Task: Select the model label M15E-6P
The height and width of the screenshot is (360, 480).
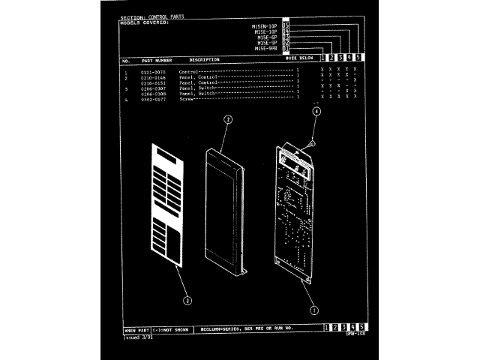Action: click(268, 37)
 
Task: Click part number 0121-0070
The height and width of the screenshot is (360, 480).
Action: click(153, 72)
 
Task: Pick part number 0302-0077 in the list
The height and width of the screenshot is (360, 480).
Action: click(153, 98)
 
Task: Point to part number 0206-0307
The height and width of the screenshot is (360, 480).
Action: click(153, 88)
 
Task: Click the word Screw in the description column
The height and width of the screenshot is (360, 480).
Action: click(186, 98)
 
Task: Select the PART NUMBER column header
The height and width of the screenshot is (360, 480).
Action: click(157, 59)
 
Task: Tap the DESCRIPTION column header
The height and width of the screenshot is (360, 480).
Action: click(204, 59)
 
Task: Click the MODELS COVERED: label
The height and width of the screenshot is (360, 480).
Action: click(145, 22)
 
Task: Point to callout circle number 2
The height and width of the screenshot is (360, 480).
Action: click(228, 118)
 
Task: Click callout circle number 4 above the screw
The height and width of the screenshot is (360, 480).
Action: click(316, 111)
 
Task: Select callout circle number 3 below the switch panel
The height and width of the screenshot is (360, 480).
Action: click(187, 300)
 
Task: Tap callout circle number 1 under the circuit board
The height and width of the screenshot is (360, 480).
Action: click(314, 307)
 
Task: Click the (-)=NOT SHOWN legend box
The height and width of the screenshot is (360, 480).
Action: click(171, 328)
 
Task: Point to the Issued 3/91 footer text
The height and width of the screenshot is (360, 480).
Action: click(136, 337)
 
